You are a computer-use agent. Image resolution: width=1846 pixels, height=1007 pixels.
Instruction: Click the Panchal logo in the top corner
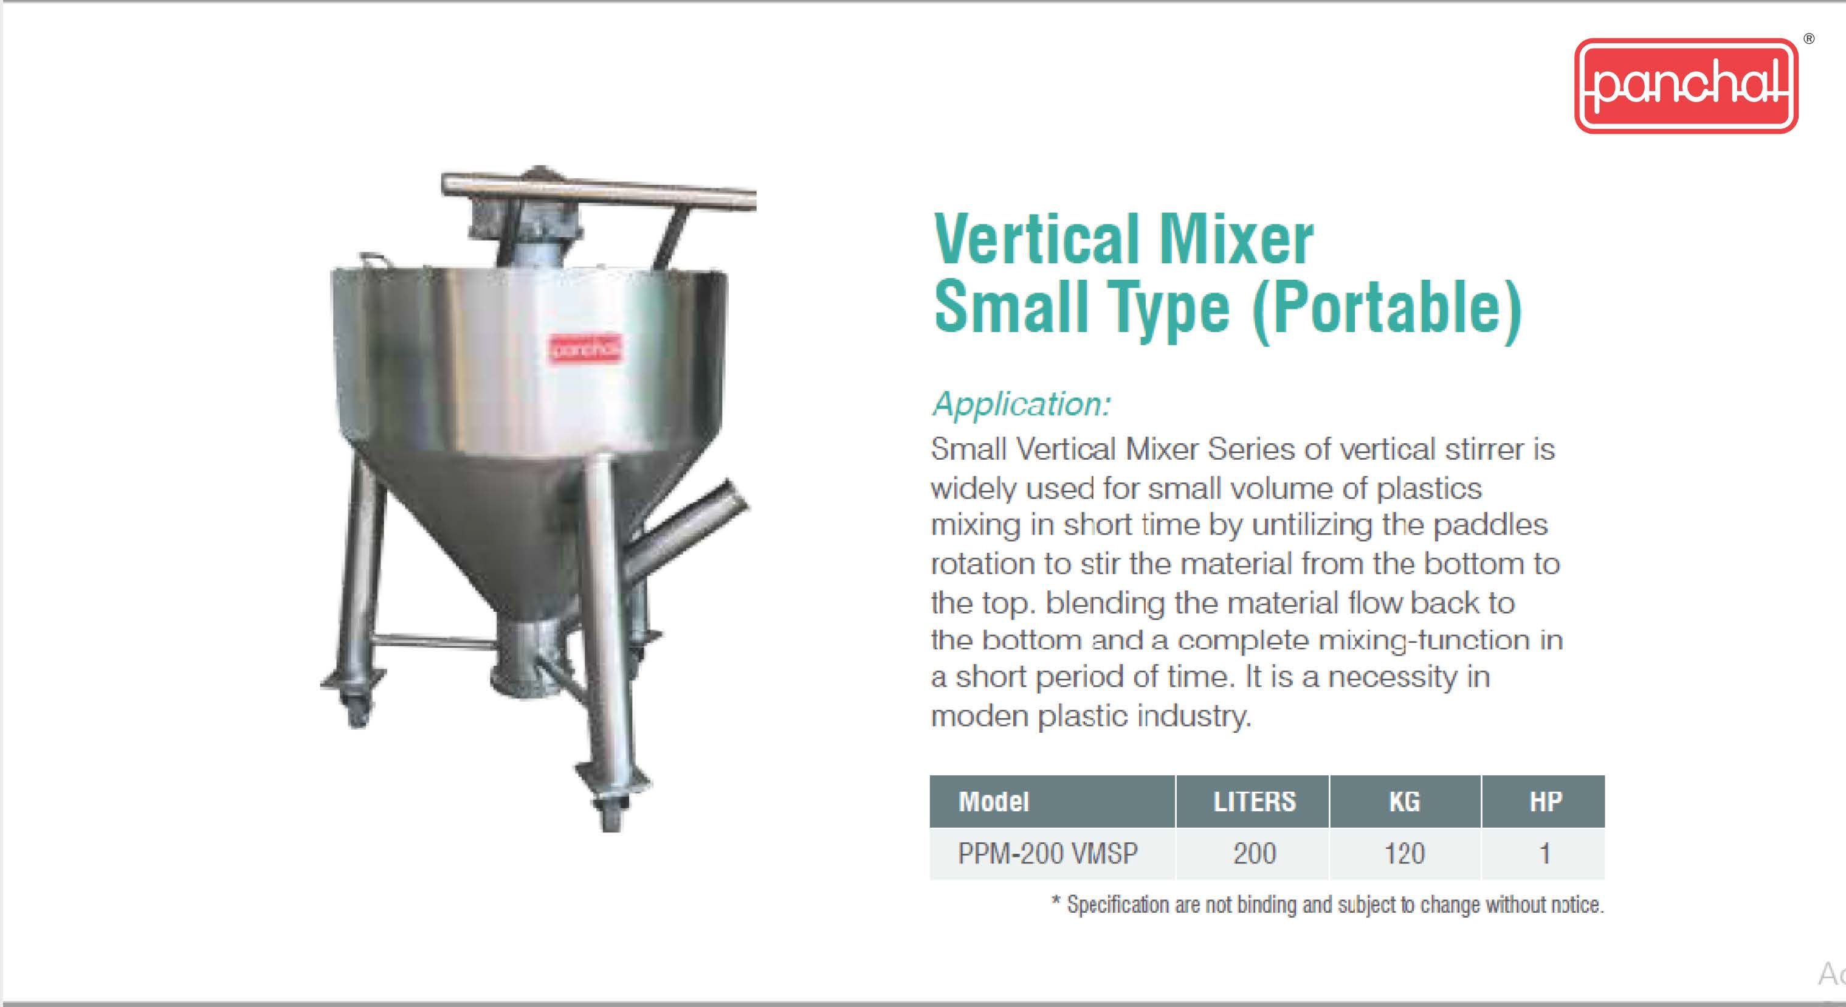tap(1686, 85)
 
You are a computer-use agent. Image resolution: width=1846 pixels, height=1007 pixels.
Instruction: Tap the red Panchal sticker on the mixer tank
tap(585, 349)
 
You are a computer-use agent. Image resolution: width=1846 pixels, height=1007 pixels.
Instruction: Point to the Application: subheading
tap(1022, 404)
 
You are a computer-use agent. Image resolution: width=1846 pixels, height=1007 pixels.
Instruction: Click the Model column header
tap(993, 801)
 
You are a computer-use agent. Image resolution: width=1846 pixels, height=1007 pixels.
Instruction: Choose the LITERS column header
tap(1255, 801)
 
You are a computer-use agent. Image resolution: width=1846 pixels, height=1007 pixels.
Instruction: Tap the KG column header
tap(1405, 801)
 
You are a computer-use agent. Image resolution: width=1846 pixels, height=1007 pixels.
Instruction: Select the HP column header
tap(1545, 801)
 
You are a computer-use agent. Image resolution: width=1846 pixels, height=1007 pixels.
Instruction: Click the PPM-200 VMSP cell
tap(1048, 854)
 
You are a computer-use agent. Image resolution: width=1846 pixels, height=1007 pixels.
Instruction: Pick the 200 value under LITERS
tap(1255, 854)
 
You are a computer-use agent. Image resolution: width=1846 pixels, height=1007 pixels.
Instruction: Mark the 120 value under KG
tap(1405, 854)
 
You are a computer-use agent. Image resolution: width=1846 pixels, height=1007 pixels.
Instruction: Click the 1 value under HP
tap(1545, 854)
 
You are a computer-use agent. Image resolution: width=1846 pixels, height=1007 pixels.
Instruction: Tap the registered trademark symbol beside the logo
tap(1809, 39)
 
